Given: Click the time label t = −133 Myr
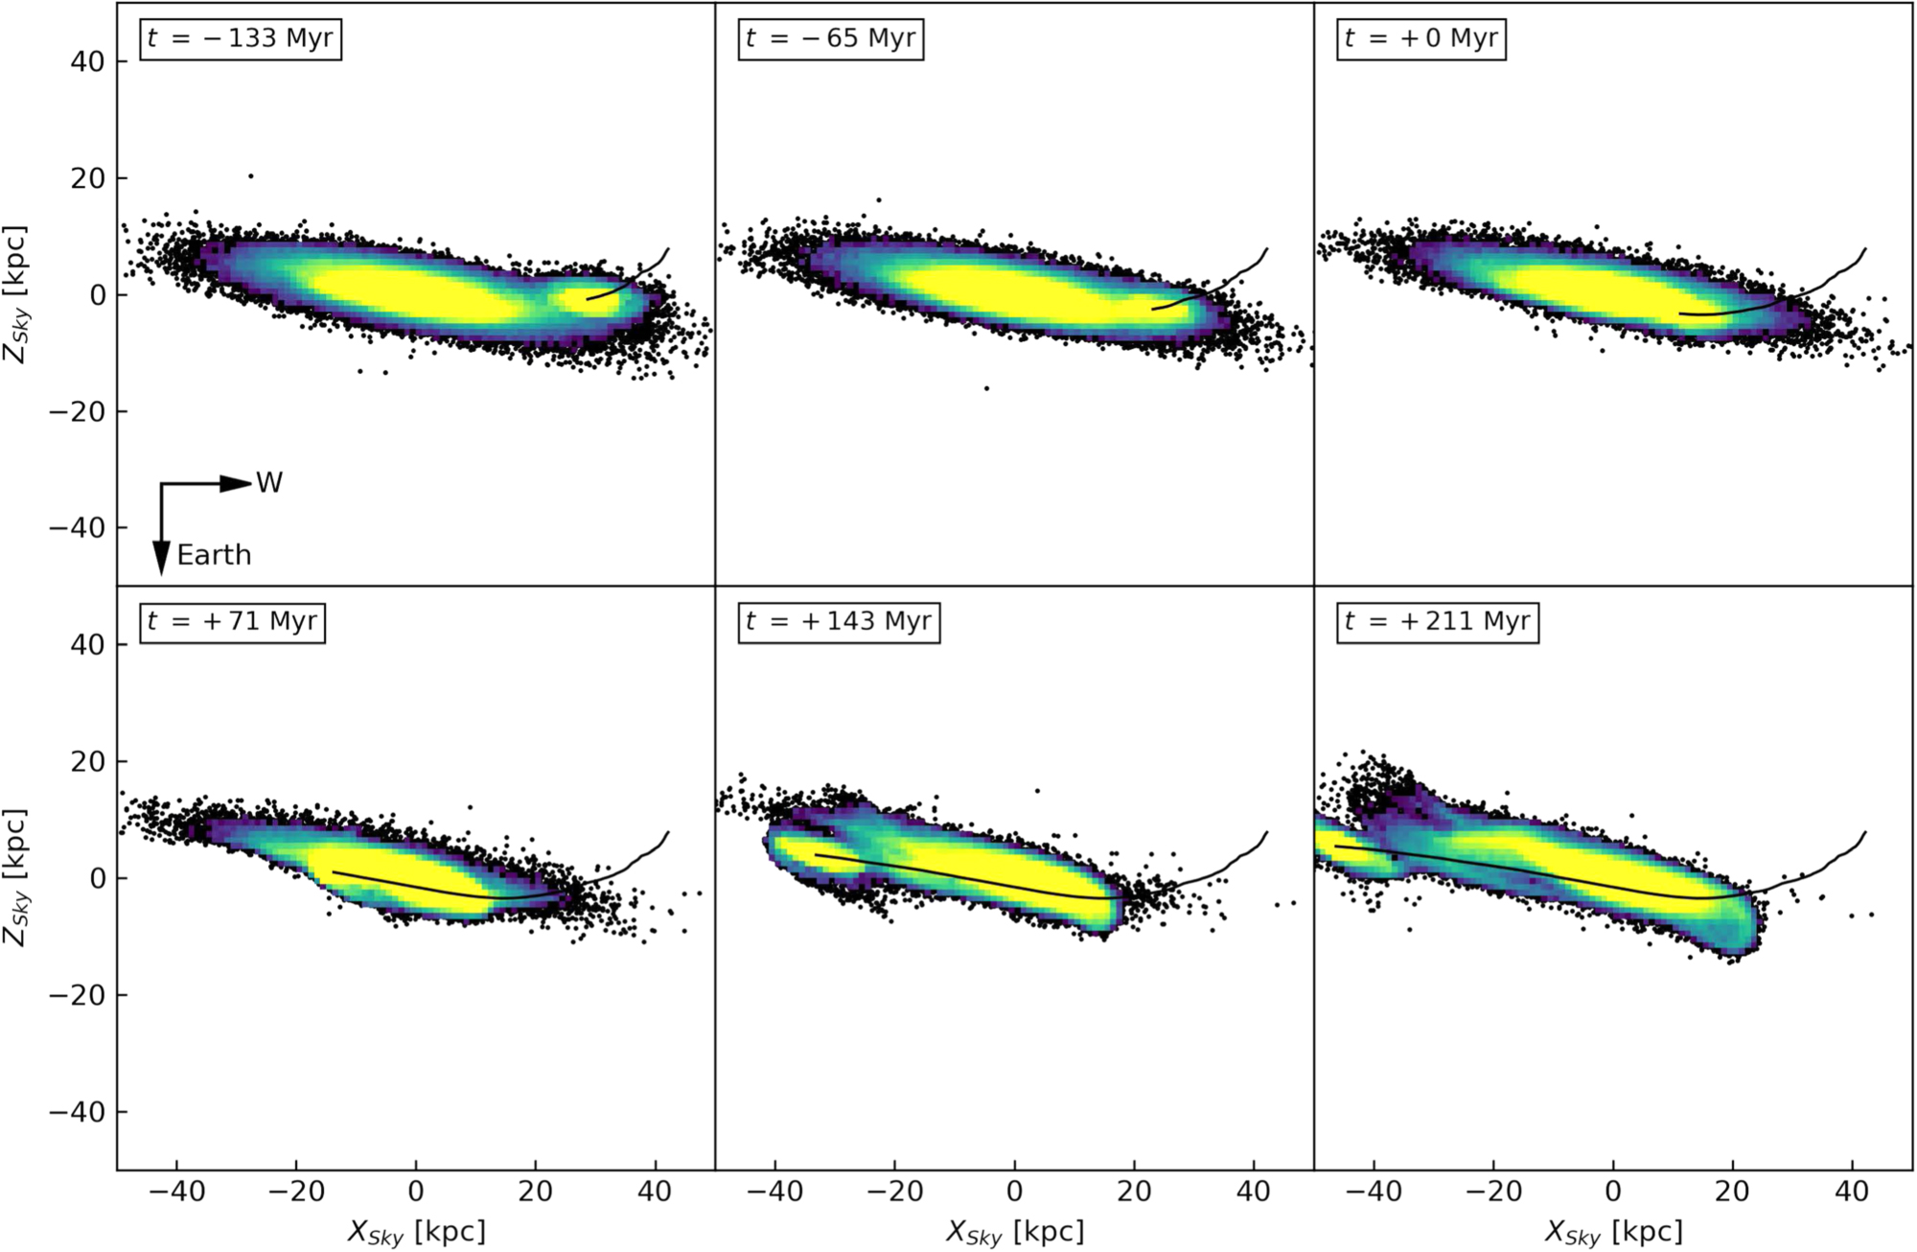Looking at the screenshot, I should point(241,38).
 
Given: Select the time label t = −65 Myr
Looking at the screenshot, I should point(830,38).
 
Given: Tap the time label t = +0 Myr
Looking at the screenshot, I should point(1420,38).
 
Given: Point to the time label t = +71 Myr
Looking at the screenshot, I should point(232,621).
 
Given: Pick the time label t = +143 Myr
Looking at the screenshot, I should point(839,621).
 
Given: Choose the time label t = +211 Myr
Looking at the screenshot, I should point(1437,621).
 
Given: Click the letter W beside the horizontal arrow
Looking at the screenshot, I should point(269,483).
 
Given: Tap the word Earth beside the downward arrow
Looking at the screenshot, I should point(214,555).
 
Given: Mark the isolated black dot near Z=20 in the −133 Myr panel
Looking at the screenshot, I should point(251,176).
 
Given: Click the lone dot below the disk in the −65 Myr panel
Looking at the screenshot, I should point(986,388).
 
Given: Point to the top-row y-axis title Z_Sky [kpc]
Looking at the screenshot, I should point(16,294).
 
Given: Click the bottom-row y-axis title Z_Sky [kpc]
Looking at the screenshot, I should point(16,877).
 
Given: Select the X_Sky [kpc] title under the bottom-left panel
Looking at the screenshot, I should point(416,1231).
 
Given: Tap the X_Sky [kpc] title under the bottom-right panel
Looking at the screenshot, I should point(1613,1231).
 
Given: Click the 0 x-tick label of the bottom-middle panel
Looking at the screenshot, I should point(1014,1192).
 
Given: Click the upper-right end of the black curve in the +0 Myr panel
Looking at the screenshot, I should point(1865,249).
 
